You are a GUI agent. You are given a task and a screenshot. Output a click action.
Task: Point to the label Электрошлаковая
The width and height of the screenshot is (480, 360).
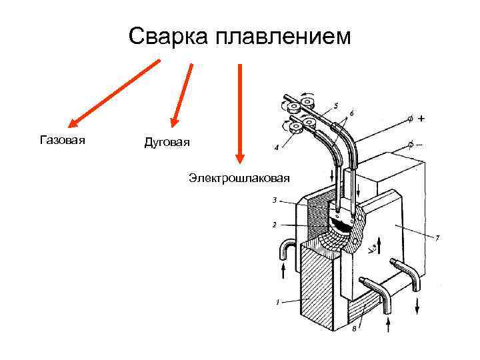click(239, 178)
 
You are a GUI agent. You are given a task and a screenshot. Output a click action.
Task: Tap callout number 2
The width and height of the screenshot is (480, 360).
click(274, 225)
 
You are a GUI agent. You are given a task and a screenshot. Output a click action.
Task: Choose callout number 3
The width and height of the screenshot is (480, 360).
click(274, 199)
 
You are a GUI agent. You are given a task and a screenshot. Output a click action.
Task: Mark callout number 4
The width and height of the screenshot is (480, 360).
click(276, 147)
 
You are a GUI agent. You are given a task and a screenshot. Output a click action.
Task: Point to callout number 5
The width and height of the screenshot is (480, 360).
click(335, 105)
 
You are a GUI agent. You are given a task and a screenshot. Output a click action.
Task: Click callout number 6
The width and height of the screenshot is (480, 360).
click(351, 113)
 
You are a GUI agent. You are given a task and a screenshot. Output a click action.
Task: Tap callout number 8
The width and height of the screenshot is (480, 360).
click(353, 329)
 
